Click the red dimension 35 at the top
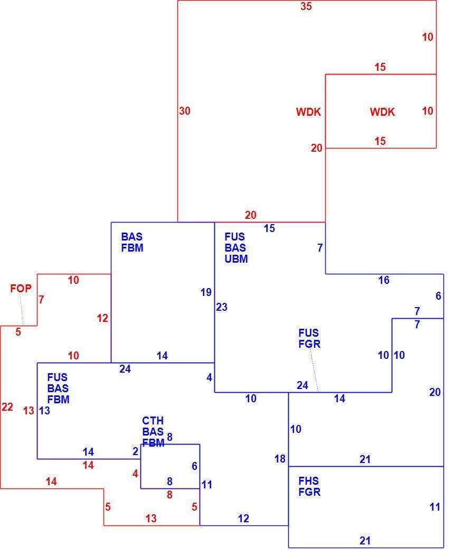pyautogui.click(x=306, y=6)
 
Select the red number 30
pyautogui.click(x=185, y=111)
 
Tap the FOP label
pyautogui.click(x=21, y=289)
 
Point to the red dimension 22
pyautogui.click(x=7, y=407)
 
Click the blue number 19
pyautogui.click(x=206, y=292)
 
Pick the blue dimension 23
pyautogui.click(x=222, y=307)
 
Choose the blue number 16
pyautogui.click(x=384, y=280)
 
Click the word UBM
pyautogui.click(x=236, y=259)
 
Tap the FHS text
pyautogui.click(x=309, y=481)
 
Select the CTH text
pyautogui.click(x=153, y=421)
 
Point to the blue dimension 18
pyautogui.click(x=280, y=459)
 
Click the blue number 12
pyautogui.click(x=243, y=519)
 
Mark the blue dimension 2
pyautogui.click(x=135, y=451)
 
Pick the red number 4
pyautogui.click(x=135, y=474)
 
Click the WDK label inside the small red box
pyautogui.click(x=382, y=112)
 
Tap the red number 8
pyautogui.click(x=169, y=495)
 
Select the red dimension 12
pyautogui.click(x=102, y=318)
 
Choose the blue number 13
pyautogui.click(x=44, y=411)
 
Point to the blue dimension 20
pyautogui.click(x=435, y=392)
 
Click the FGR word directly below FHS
pyautogui.click(x=309, y=492)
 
